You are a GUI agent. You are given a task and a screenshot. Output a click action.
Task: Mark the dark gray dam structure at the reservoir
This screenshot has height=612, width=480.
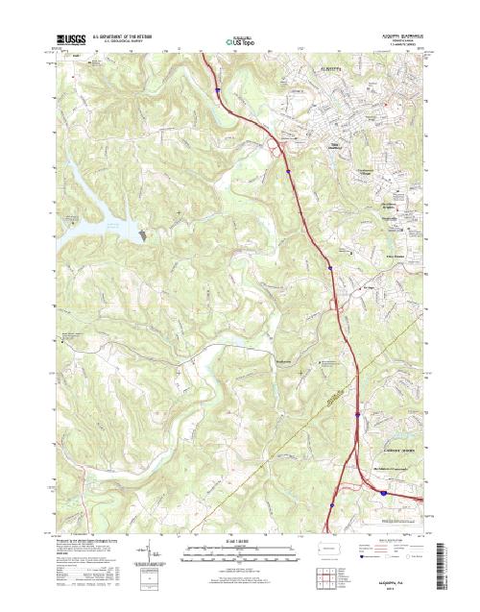coord(144,233)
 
